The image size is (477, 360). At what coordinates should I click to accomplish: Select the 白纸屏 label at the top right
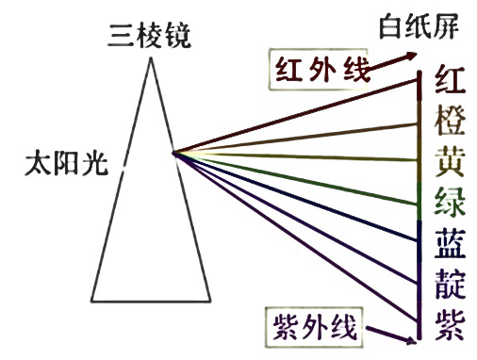pyautogui.click(x=419, y=25)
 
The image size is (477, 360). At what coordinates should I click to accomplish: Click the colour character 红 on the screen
pyautogui.click(x=449, y=78)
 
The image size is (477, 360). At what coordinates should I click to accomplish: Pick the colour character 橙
pyautogui.click(x=449, y=121)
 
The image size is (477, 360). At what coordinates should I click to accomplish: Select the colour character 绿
pyautogui.click(x=449, y=202)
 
